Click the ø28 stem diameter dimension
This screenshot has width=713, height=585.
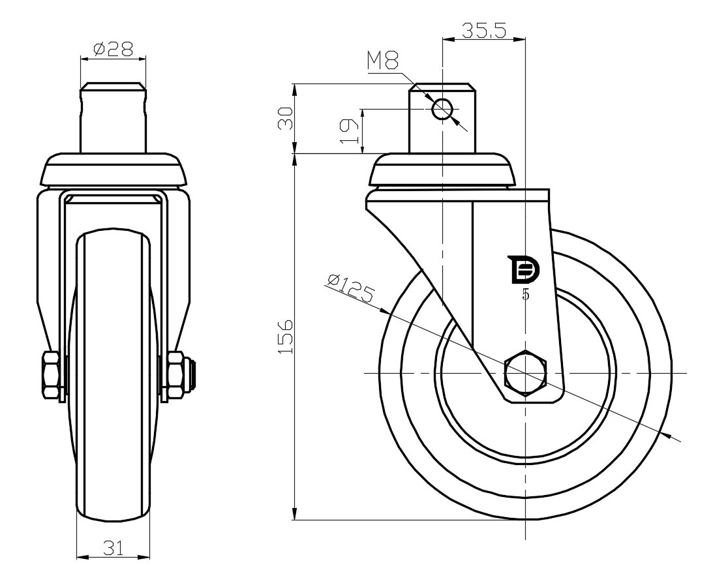pos(113,49)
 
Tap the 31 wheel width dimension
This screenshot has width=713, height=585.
pos(114,548)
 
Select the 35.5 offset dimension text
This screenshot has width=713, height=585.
pos(484,31)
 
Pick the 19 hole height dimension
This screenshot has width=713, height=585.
pos(349,131)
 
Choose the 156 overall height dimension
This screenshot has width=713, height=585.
pos(285,337)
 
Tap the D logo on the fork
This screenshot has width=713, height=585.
pos(524,271)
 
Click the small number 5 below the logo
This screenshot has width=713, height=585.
pos(526,295)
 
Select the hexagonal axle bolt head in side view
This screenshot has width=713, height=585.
pos(525,374)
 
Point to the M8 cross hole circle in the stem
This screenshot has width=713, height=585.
pos(442,109)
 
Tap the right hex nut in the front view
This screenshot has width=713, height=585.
pos(175,376)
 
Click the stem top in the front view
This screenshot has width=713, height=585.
pos(114,86)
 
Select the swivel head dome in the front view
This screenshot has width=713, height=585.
pos(114,170)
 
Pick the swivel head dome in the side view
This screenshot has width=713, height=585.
pos(443,170)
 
